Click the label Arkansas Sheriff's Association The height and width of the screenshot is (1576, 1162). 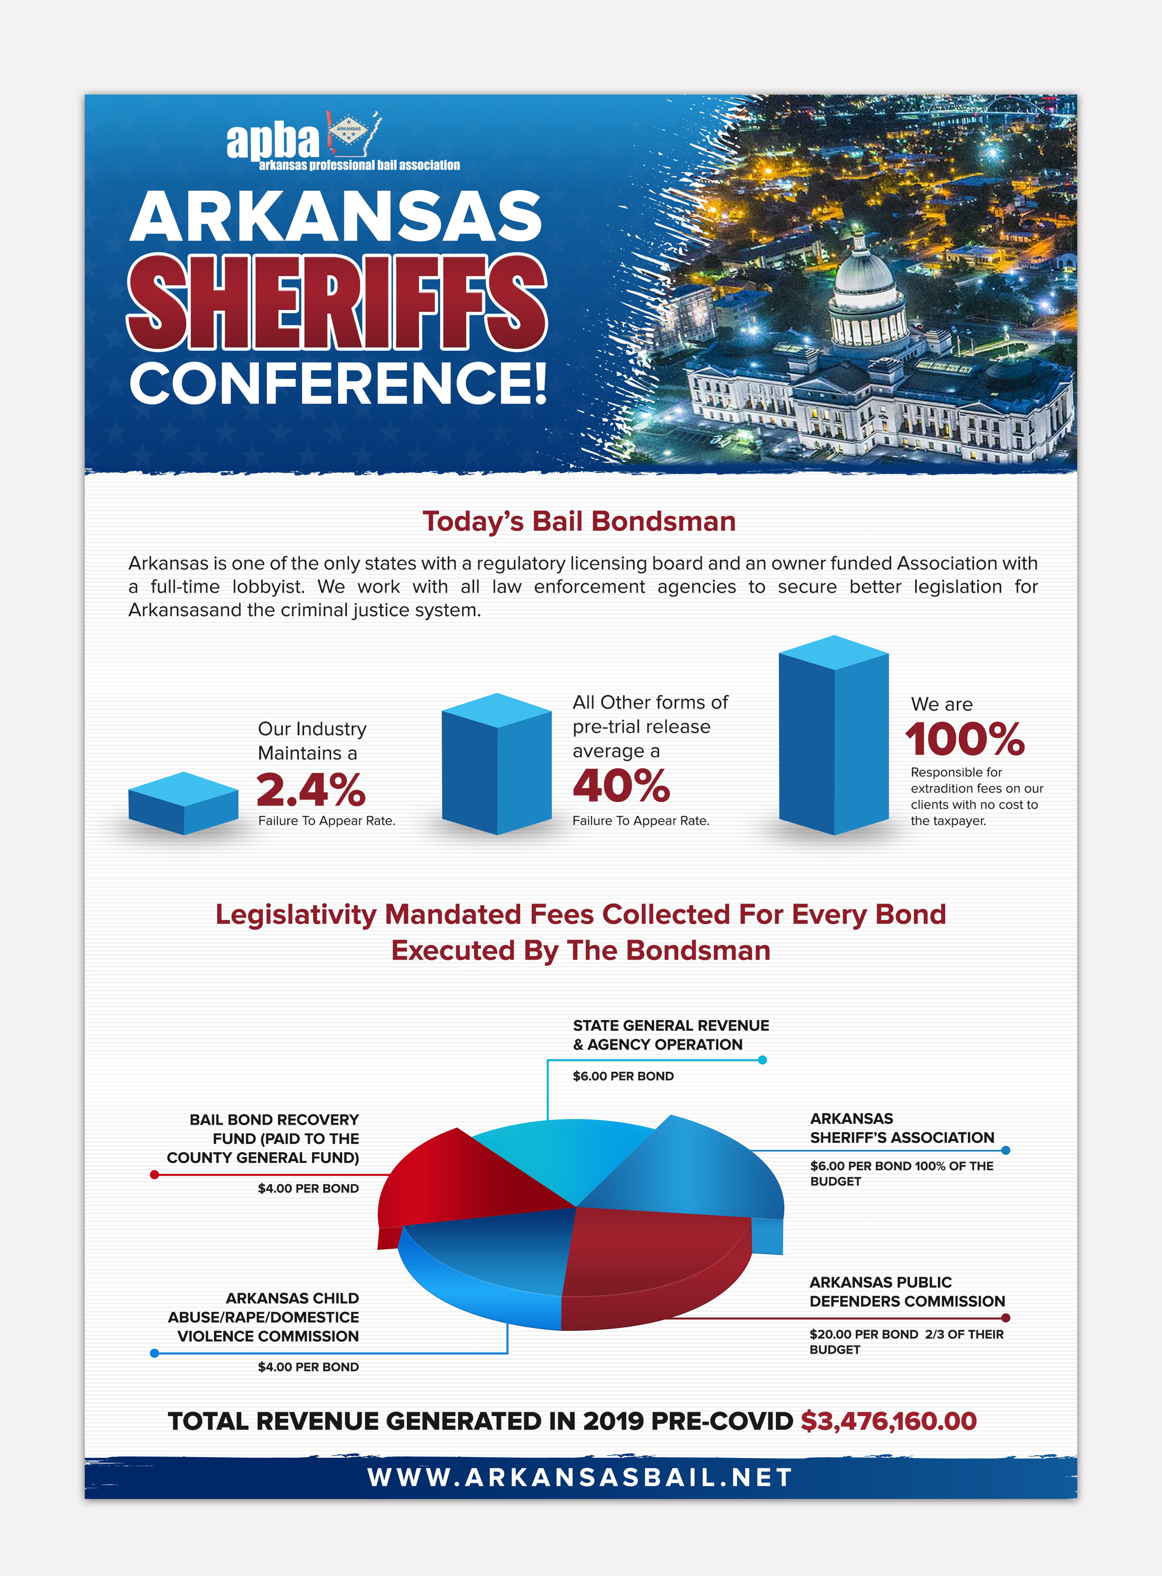point(902,1128)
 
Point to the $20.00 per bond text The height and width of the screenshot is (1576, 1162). point(864,1334)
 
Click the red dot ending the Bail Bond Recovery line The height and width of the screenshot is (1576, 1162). point(154,1174)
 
